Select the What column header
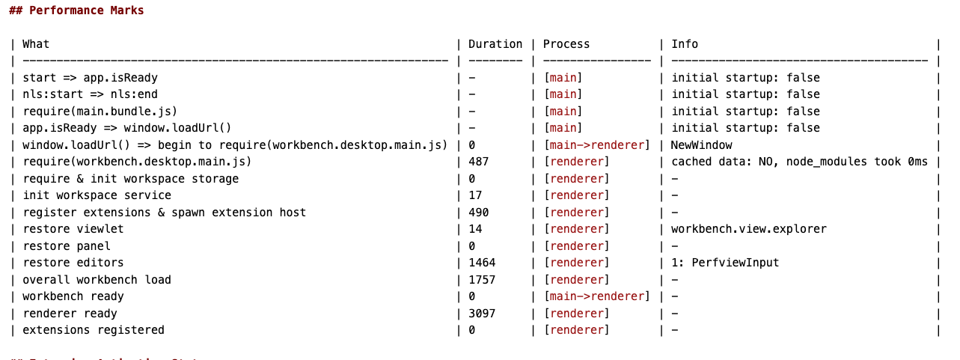coord(36,44)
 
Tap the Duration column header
coord(495,44)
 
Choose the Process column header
coord(566,44)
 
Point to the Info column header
coord(685,44)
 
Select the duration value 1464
coord(481,263)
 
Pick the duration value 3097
coord(481,314)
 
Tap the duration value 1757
coord(481,280)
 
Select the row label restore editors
coord(73,263)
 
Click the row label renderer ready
coord(70,314)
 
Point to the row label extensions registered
coord(94,330)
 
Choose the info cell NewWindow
coord(701,145)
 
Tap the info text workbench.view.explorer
coord(749,229)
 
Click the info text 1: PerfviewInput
coord(725,263)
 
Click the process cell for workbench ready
coord(596,296)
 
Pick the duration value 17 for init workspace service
coord(474,195)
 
